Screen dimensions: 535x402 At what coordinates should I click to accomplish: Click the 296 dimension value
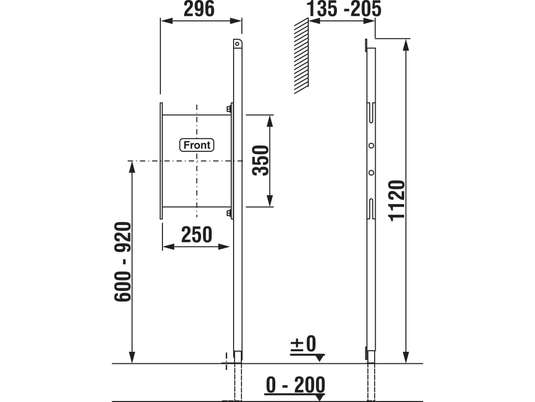(199, 9)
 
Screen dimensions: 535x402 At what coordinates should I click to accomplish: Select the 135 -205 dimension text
(344, 9)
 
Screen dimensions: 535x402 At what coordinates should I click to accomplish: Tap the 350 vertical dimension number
(260, 160)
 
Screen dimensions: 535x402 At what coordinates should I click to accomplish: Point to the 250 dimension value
(196, 235)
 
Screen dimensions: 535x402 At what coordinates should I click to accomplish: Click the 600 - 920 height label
(123, 262)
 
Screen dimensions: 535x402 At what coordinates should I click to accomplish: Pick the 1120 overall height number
(397, 200)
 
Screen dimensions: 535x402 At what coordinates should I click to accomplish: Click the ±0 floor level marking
(304, 344)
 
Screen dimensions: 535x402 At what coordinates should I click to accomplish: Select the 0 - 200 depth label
(296, 385)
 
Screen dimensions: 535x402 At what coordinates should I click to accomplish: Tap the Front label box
(197, 145)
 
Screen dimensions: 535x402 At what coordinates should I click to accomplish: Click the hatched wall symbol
(301, 55)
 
